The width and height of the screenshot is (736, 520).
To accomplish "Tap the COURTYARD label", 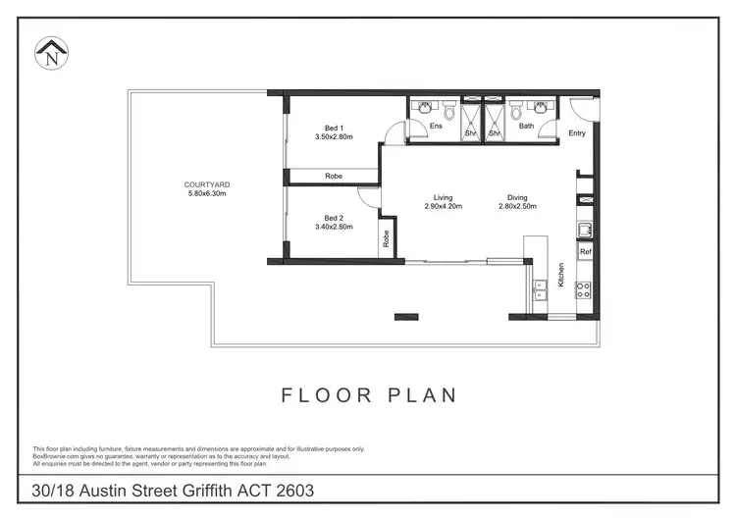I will point(207,183).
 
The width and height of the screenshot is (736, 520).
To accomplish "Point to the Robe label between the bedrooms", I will point(334,177).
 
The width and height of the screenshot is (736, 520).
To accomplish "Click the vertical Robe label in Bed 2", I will point(387,236).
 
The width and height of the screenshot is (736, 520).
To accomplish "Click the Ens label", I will point(437,126).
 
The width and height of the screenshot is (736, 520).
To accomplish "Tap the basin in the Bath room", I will point(539,109).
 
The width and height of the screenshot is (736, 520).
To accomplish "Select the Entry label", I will point(576,134).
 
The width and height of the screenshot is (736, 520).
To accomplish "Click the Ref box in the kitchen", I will point(585,252).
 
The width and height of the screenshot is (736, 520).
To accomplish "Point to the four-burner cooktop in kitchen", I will point(583,288).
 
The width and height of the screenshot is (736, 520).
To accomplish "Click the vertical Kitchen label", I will point(561,274).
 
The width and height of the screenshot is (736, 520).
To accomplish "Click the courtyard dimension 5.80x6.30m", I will point(207,193).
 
